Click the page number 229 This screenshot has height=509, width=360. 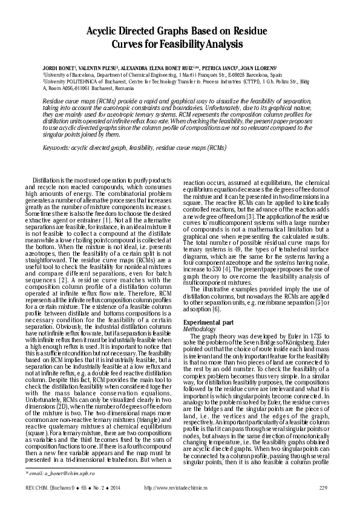coord(323,488)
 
